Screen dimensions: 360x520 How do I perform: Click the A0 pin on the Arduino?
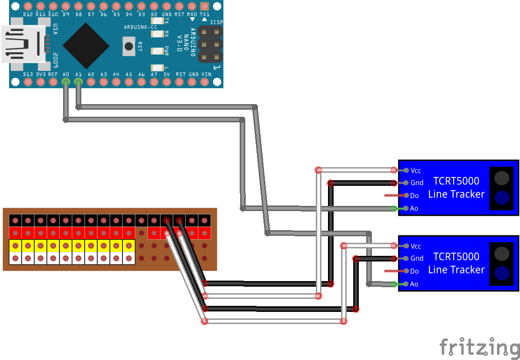65,82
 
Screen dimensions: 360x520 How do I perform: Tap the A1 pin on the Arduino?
78,82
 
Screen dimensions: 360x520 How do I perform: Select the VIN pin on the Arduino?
204,82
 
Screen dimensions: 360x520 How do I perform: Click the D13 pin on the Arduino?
28,82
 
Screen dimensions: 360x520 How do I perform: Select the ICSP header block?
210,44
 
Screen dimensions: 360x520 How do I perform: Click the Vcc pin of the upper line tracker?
406,170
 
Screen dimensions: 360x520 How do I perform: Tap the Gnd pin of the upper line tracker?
406,183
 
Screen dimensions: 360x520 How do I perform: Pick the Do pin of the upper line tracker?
406,195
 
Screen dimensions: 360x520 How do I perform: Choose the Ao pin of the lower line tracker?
406,283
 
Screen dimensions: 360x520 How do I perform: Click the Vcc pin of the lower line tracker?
406,246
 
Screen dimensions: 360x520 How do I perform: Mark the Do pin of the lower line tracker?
406,271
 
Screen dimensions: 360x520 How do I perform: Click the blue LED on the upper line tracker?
501,198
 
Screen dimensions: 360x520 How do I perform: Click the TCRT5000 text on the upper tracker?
456,181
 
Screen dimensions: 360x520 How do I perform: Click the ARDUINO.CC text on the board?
140,27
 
